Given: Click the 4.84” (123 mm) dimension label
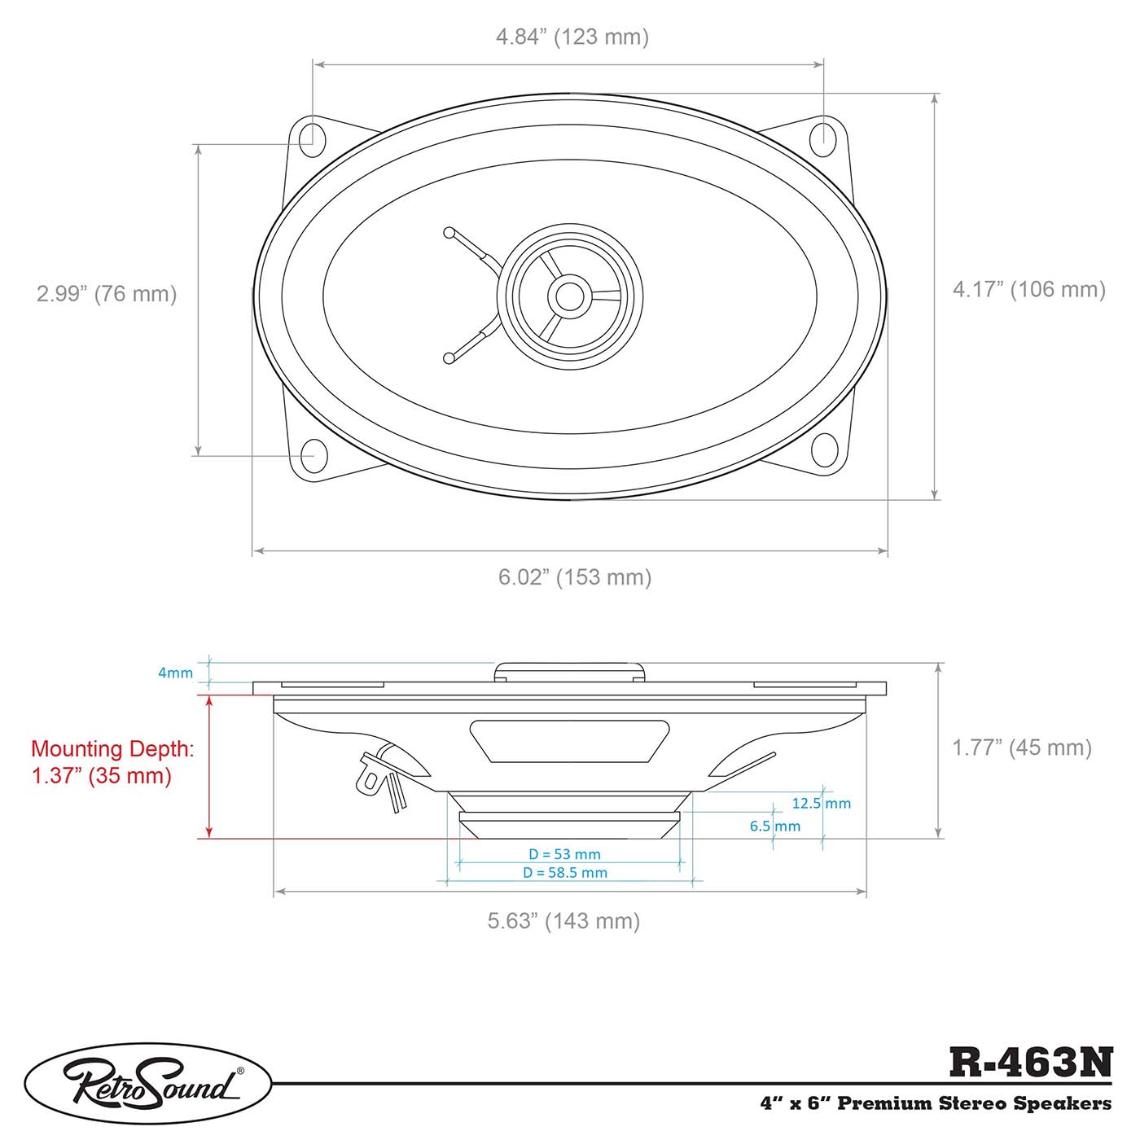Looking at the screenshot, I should click(572, 37).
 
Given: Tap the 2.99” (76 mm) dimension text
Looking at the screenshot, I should click(107, 293).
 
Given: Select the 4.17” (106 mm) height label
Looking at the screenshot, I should click(1029, 289).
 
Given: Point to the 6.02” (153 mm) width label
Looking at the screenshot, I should click(575, 577).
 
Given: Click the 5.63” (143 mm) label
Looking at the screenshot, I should click(563, 920).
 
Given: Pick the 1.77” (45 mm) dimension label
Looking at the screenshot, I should click(1022, 747).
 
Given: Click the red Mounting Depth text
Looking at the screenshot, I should click(112, 761).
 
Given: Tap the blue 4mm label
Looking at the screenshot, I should click(175, 673).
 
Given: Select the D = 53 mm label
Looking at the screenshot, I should click(564, 854).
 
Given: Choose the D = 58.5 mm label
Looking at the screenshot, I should click(565, 872).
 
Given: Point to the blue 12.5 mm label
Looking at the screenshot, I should click(821, 803).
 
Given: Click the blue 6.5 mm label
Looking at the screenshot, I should click(774, 826).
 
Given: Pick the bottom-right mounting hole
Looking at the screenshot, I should click(824, 450).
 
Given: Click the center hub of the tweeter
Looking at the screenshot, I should click(569, 296).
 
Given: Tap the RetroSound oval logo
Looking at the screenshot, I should click(148, 1084).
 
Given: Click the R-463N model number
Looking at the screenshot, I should click(1030, 1062).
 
